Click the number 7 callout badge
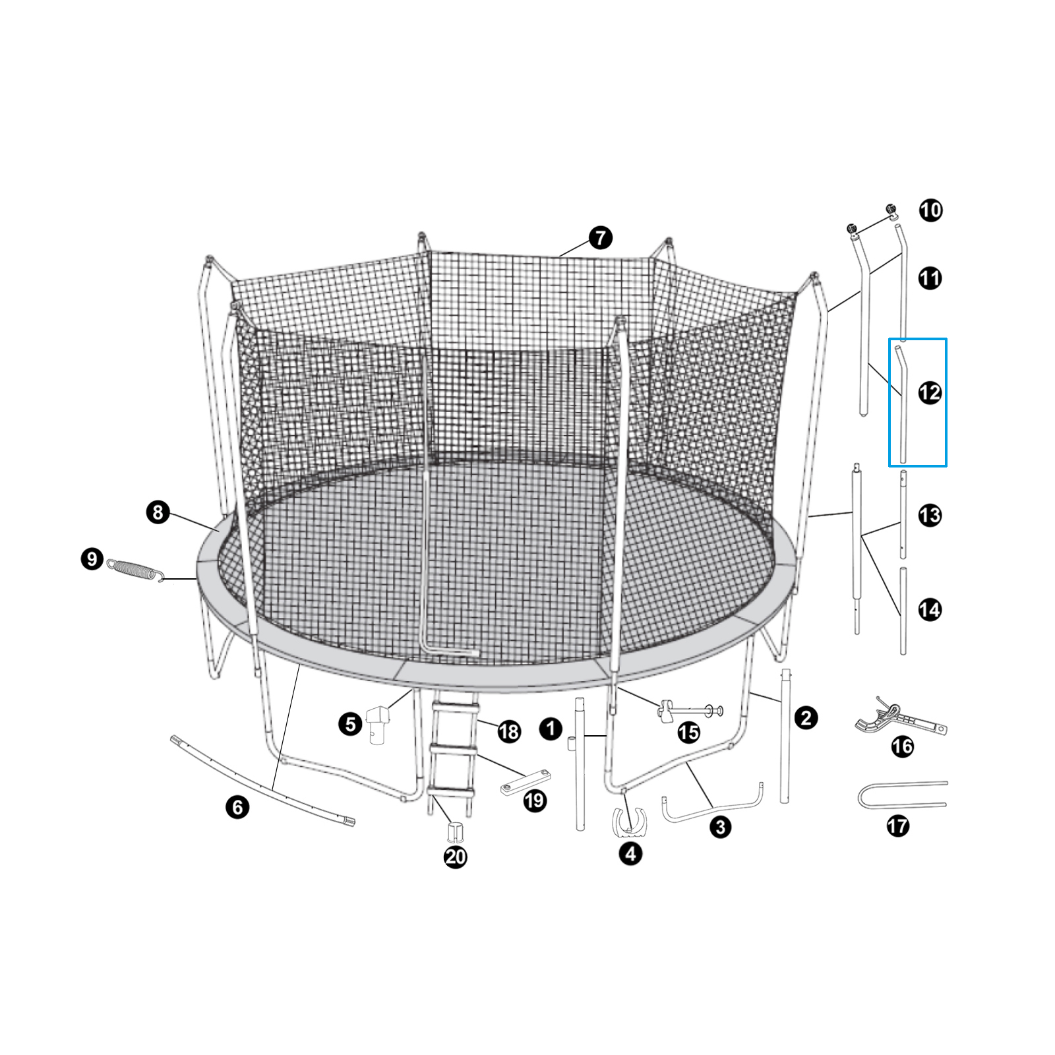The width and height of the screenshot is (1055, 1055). [600, 238]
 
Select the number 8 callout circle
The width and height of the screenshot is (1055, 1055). [158, 512]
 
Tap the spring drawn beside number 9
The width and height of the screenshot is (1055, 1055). [135, 570]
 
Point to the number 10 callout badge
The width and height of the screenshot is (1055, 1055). [930, 210]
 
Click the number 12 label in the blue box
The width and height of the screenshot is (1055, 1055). [930, 392]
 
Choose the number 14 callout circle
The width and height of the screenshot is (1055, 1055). [930, 609]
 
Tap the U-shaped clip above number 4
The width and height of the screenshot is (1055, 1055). [630, 821]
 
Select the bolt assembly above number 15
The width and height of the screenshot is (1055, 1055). [690, 711]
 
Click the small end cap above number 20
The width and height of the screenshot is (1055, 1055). [454, 831]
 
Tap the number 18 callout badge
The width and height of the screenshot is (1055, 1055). [509, 731]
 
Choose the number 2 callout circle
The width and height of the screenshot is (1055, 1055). [806, 718]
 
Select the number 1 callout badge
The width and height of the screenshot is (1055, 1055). [551, 729]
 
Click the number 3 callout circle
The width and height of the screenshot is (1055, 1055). [720, 827]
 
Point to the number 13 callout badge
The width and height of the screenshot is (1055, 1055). [930, 515]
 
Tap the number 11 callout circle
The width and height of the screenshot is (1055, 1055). [930, 278]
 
